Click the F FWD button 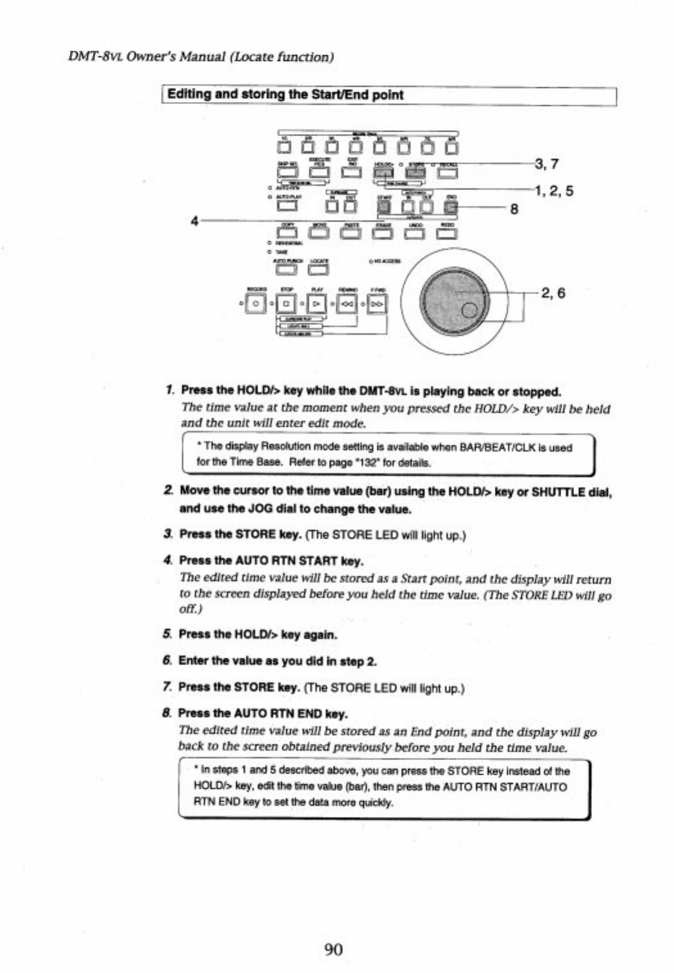378,302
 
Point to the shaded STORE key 416,171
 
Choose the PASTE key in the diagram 350,233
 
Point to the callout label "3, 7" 546,164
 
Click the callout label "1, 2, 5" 553,190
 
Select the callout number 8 513,209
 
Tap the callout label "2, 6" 553,293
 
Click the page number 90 333,949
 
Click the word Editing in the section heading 189,94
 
